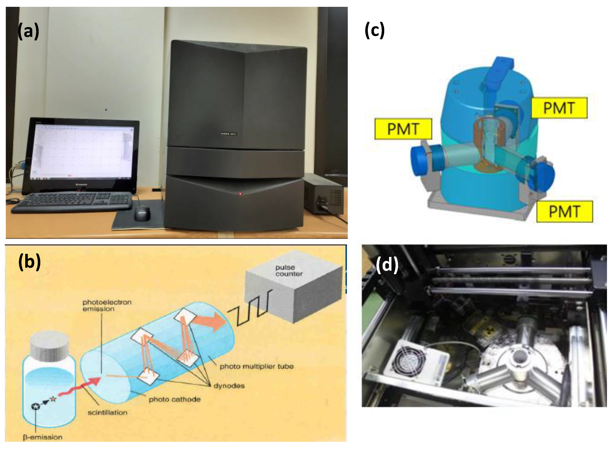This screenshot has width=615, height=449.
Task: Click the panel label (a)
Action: point(28,31)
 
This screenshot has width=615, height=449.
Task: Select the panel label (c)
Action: point(374,30)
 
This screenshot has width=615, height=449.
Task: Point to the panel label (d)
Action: point(387,265)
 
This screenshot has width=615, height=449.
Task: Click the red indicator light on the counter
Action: point(240,194)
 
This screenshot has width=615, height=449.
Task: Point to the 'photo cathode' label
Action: point(174,399)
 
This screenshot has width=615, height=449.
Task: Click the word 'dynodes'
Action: point(229,386)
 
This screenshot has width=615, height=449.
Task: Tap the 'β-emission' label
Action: point(42,437)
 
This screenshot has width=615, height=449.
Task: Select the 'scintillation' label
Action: point(107,412)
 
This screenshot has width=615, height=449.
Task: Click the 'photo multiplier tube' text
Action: point(256,366)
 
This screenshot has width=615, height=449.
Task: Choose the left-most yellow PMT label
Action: point(403,129)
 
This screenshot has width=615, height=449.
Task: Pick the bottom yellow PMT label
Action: point(564,211)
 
